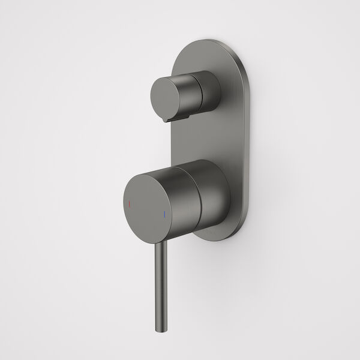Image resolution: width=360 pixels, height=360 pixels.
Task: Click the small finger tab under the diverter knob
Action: pyautogui.click(x=172, y=119)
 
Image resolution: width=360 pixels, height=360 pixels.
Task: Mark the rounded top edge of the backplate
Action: pyautogui.click(x=210, y=43)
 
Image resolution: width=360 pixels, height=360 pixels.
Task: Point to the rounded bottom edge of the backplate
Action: pyautogui.click(x=216, y=239)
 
